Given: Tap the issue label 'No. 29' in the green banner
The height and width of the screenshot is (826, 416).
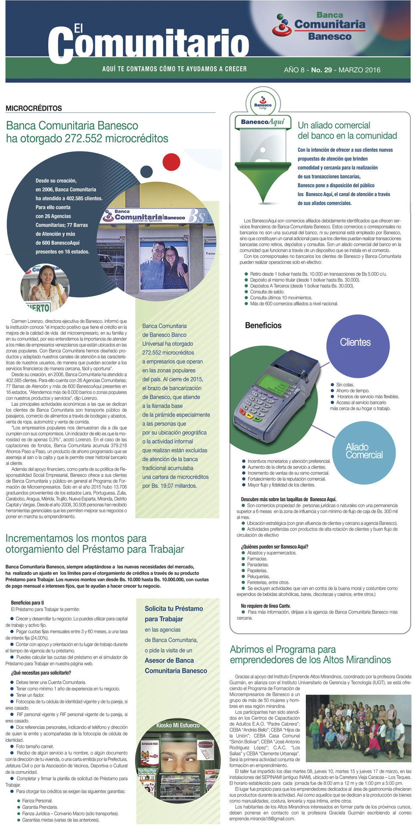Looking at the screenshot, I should click(x=321, y=70).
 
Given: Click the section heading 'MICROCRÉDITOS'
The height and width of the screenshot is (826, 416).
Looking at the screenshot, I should click(x=34, y=108).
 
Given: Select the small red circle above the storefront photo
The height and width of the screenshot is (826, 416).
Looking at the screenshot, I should click(x=171, y=162).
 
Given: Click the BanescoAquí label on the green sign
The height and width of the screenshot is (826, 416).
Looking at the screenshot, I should click(x=263, y=122).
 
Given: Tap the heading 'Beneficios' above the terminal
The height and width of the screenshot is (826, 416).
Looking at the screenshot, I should click(x=263, y=326).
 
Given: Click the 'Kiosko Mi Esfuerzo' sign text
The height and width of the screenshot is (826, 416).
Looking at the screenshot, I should click(x=178, y=725).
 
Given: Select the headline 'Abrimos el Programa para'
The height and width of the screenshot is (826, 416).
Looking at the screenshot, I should click(x=283, y=650).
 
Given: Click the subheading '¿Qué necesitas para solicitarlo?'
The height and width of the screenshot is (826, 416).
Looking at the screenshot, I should click(x=41, y=673).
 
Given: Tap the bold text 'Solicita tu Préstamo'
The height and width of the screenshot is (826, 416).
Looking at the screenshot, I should click(x=174, y=609).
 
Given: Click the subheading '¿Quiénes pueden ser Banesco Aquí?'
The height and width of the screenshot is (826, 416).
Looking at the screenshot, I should click(x=274, y=547).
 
